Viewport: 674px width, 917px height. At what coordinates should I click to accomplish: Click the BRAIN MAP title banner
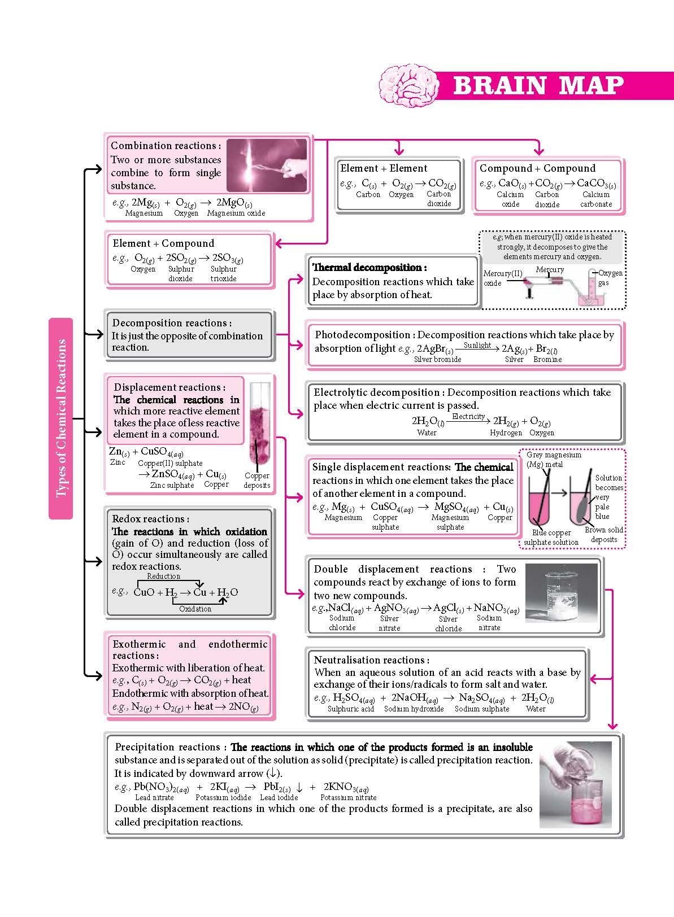click(538, 86)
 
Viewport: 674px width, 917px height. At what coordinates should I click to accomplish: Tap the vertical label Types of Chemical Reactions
click(61, 418)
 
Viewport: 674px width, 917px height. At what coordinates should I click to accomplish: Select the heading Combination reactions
click(166, 146)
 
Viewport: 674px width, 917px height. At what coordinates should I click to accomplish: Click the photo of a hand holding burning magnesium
click(267, 165)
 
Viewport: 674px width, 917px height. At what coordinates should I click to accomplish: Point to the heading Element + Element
click(384, 168)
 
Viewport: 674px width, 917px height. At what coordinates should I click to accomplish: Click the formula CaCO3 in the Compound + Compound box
click(596, 184)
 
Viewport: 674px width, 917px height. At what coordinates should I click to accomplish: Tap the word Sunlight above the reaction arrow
click(477, 345)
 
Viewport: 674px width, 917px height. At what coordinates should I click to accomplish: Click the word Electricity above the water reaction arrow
click(468, 416)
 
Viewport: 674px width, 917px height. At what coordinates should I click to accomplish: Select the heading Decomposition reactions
click(172, 323)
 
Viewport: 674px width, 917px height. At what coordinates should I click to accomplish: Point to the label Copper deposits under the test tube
click(257, 481)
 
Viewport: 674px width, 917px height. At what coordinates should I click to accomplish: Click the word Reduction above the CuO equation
click(163, 577)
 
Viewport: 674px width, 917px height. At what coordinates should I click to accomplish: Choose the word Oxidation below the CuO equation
click(195, 609)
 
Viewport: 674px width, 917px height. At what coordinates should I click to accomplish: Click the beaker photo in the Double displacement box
click(561, 592)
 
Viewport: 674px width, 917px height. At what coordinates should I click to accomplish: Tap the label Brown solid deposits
click(604, 534)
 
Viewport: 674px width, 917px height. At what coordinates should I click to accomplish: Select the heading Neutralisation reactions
click(371, 660)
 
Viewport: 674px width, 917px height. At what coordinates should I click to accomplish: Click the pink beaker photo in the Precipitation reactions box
click(576, 784)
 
